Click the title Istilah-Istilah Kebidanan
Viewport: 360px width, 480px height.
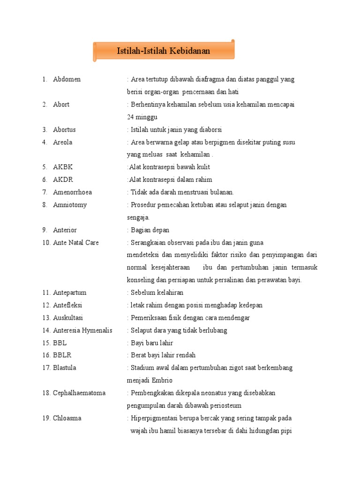coord(163,51)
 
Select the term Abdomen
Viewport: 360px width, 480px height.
coord(67,79)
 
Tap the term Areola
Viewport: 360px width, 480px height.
coord(62,142)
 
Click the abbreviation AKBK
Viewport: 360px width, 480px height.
coord(63,167)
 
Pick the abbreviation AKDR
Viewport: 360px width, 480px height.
coord(63,180)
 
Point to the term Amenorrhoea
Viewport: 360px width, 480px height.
coord(72,192)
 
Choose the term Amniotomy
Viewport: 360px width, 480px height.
coord(70,205)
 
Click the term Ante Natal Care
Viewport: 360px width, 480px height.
coord(75,242)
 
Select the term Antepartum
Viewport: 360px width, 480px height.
coord(69,292)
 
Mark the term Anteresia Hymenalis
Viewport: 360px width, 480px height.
coord(82,330)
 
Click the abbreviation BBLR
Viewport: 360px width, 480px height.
coord(62,355)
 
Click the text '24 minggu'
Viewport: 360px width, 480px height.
coord(142,117)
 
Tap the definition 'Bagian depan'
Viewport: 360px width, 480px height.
coord(150,230)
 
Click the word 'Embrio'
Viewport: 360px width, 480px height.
coord(161,380)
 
